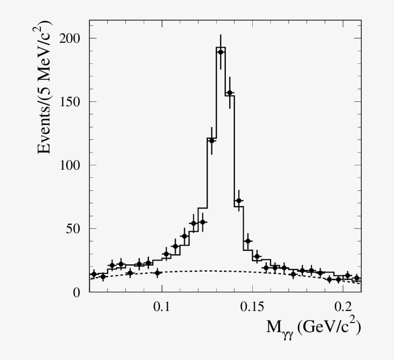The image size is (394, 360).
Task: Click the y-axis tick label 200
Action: tap(71, 38)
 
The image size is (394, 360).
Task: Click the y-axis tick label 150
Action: tap(71, 101)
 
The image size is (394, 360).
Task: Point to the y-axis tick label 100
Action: tap(71, 165)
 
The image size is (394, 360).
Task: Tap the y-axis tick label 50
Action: tap(75, 228)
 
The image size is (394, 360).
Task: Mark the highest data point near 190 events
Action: tap(221, 52)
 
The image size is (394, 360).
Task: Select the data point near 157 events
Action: tap(230, 93)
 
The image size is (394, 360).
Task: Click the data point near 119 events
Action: tap(211, 141)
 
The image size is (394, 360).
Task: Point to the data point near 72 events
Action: tap(239, 200)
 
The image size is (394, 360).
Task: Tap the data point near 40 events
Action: tap(248, 241)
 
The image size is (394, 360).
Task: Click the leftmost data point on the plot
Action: tap(94, 274)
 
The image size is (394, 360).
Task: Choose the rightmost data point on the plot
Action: tap(357, 278)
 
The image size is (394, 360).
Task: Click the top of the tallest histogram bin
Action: tap(221, 47)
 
